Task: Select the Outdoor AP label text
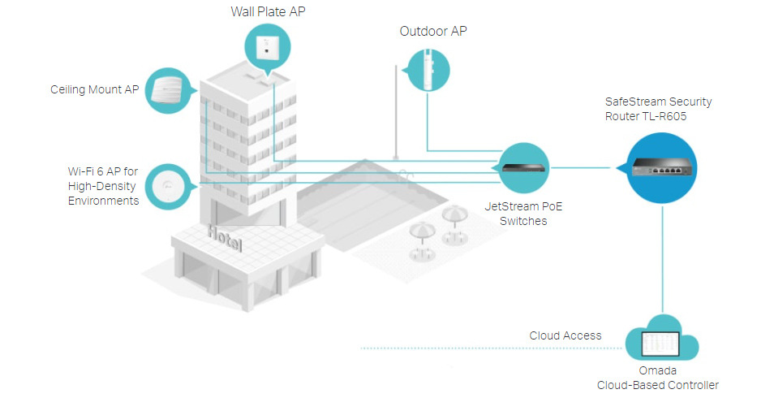coord(433,32)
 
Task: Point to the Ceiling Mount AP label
coord(94,89)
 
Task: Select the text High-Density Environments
coord(103,193)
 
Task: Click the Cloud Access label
coord(565,335)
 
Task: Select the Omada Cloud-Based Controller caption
coord(657,379)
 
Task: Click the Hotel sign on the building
coord(224,237)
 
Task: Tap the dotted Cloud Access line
coord(487,348)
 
